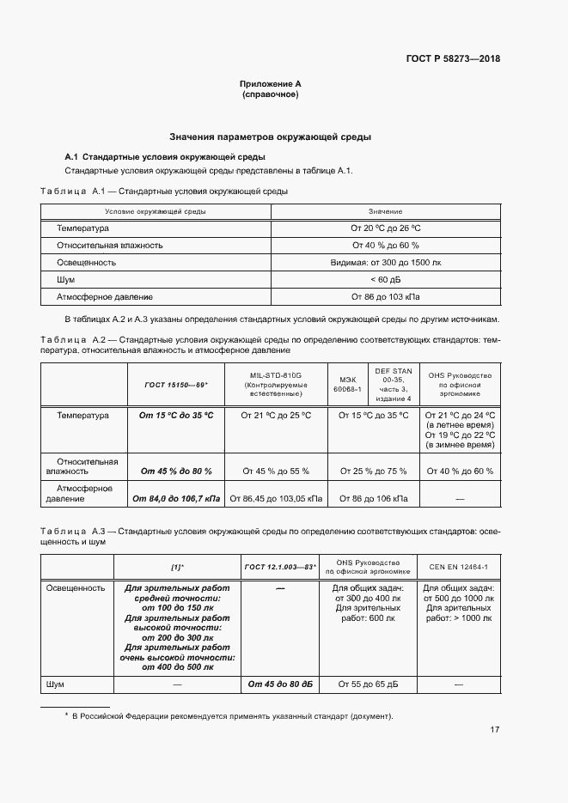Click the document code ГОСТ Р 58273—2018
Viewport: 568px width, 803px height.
(452, 59)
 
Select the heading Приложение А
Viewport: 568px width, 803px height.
(270, 84)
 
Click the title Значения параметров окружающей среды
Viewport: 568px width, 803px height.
(270, 137)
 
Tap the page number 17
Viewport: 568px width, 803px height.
(494, 730)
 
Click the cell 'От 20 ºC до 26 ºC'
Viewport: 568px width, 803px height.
(385, 228)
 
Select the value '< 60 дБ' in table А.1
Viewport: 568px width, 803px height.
(385, 280)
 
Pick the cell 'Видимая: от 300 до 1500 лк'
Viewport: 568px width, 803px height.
(385, 263)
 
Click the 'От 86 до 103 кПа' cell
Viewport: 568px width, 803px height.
(385, 297)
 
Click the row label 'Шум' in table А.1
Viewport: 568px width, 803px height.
(66, 280)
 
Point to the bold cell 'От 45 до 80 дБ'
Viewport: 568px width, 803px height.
(280, 684)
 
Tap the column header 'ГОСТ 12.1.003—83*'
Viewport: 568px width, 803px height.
(280, 568)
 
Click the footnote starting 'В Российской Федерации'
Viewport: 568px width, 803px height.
(229, 716)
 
